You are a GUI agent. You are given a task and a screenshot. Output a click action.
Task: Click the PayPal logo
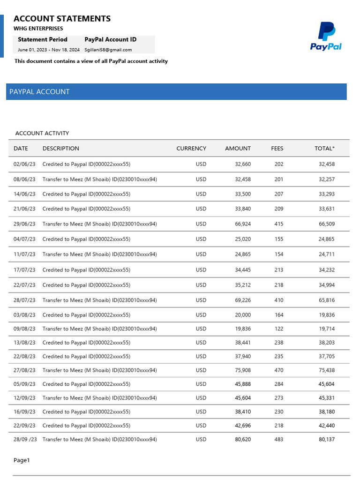coord(326,36)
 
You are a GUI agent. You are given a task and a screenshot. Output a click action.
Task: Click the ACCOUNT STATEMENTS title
coord(62,19)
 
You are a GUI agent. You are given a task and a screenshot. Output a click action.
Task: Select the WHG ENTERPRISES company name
coord(38,29)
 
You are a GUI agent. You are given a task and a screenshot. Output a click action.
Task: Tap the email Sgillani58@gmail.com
coord(108,50)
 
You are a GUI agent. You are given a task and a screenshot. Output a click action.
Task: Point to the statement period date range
coord(49,50)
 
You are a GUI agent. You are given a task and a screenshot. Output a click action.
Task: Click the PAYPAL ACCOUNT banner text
coord(39,92)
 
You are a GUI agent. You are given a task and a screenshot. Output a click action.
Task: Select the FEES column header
coord(277,148)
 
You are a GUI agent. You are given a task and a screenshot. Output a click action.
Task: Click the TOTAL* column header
coord(324,148)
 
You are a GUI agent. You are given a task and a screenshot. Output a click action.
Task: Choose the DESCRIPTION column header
coord(60,148)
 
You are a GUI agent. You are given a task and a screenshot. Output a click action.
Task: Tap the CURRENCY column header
coord(191,148)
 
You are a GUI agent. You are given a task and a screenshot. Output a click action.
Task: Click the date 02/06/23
coord(24,165)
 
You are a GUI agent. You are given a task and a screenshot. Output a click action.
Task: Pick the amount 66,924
coord(243,224)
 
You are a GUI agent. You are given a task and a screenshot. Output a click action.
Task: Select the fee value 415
coord(278,224)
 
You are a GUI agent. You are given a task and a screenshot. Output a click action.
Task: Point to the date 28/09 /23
coord(25,440)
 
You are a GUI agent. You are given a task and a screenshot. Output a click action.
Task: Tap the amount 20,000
coord(243,315)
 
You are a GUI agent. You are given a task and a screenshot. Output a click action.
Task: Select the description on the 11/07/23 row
coord(99,255)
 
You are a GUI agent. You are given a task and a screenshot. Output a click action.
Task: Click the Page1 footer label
coord(22,460)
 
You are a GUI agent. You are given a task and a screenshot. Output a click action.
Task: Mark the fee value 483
coord(278,440)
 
